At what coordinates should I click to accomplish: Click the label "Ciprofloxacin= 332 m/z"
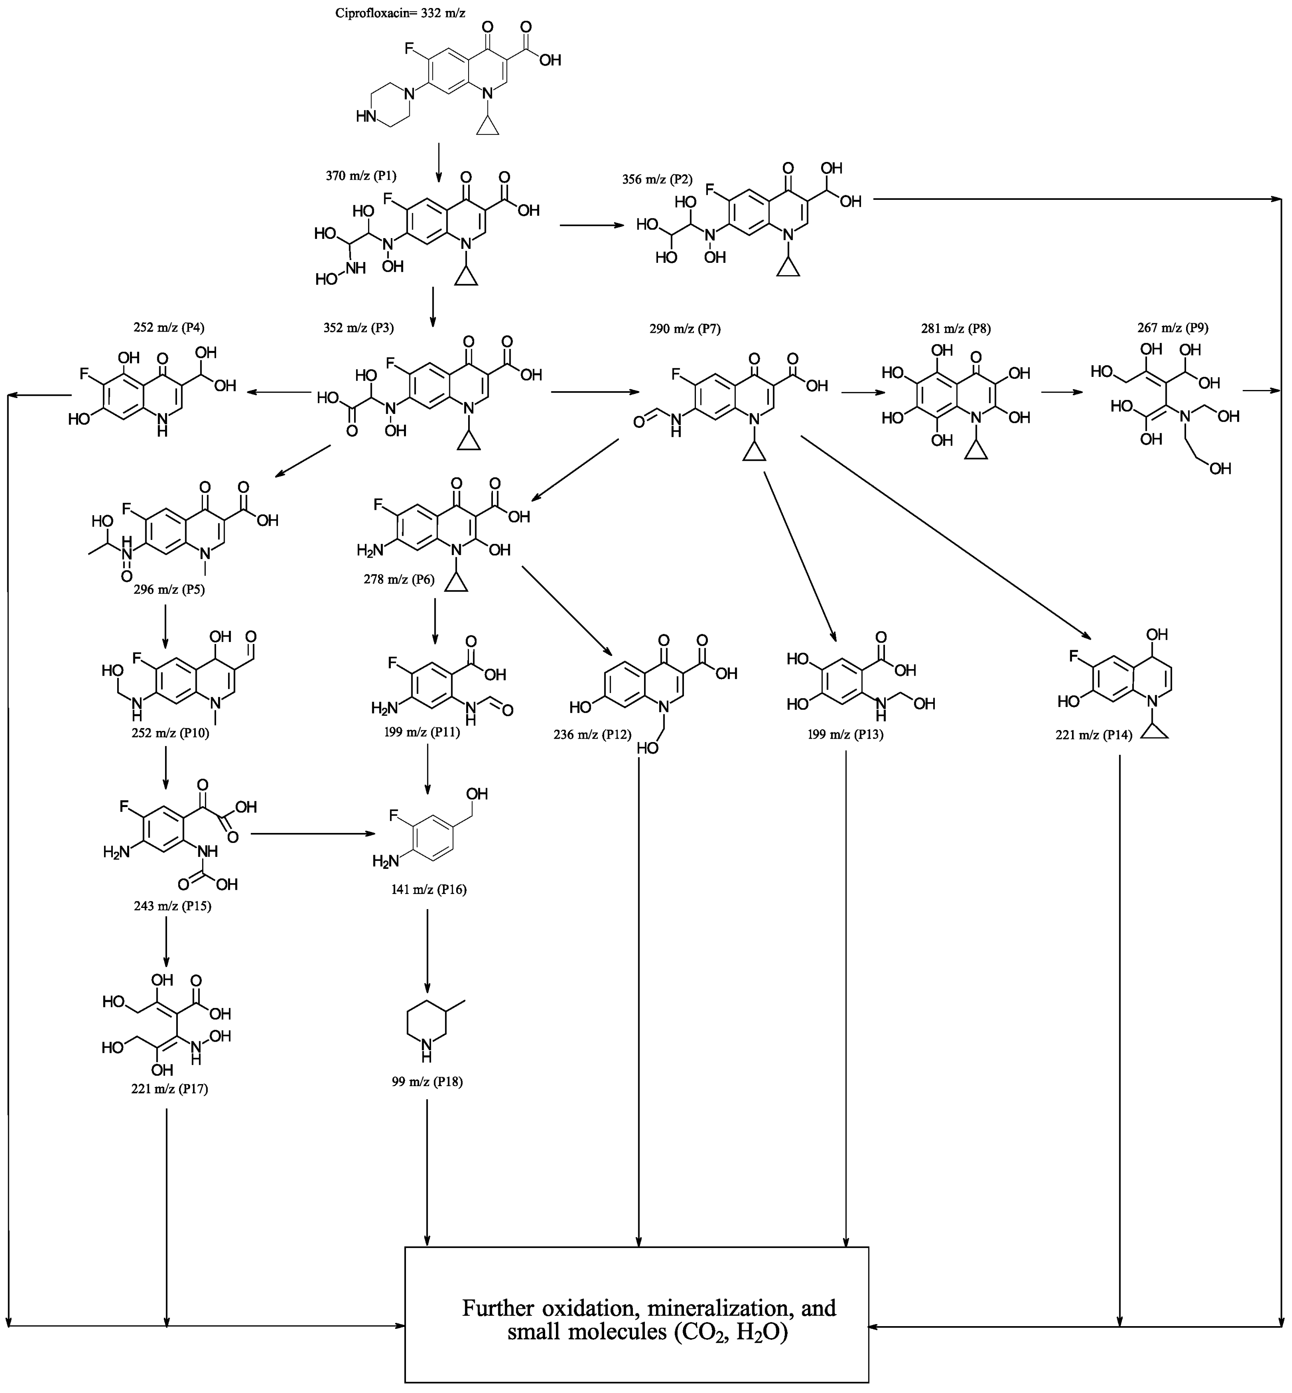[x=400, y=13]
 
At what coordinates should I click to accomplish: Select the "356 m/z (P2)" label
[x=657, y=180]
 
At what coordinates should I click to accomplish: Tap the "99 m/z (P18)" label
[x=427, y=1082]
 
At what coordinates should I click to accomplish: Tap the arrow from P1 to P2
[x=591, y=225]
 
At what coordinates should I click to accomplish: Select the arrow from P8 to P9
[x=1061, y=392]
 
